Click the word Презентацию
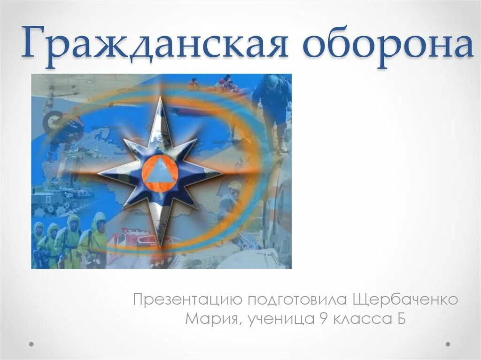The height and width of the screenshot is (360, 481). [187, 299]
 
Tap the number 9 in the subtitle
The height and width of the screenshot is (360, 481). [323, 319]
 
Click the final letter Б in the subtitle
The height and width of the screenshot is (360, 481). [399, 319]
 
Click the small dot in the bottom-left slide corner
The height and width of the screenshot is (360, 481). [31, 344]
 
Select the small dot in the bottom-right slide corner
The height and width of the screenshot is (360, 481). [449, 344]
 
